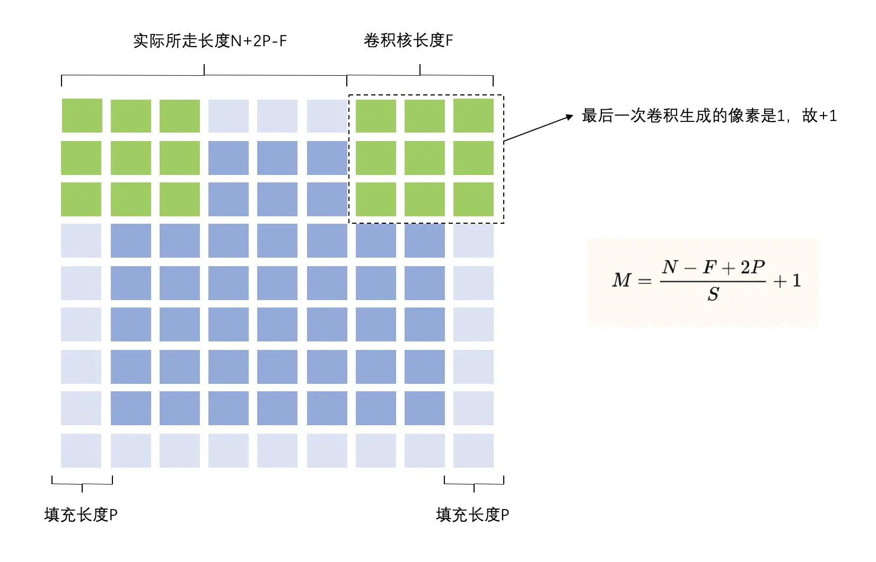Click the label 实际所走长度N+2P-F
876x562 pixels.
[x=210, y=41]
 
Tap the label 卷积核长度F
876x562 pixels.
[x=408, y=41]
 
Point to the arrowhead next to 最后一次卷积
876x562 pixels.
[x=570, y=116]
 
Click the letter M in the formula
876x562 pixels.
[x=622, y=280]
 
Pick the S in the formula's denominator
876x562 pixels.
[x=713, y=294]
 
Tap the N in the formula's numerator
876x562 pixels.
[x=670, y=267]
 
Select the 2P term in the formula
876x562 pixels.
[x=752, y=267]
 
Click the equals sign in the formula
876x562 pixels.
[x=644, y=281]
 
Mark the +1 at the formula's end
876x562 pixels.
[x=787, y=280]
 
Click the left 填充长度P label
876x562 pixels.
[x=81, y=514]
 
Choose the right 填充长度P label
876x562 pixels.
[x=472, y=514]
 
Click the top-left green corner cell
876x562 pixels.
[x=82, y=116]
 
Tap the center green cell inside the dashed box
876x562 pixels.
[x=424, y=158]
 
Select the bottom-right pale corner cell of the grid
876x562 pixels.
[x=473, y=450]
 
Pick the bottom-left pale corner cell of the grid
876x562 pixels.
[x=81, y=450]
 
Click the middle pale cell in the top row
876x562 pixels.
[x=277, y=116]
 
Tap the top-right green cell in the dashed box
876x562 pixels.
[x=473, y=116]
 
